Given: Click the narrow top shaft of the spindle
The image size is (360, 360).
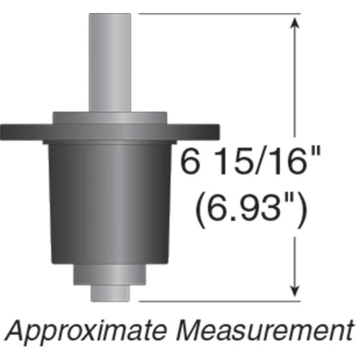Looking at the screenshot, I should coord(110,61).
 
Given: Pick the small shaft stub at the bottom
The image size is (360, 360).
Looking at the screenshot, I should coord(110,294).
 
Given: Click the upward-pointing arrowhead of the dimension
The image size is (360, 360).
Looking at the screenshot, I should coord(293,24).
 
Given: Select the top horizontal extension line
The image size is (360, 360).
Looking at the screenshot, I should coord(216,14).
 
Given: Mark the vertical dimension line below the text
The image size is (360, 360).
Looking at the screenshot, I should coord(293,252).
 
